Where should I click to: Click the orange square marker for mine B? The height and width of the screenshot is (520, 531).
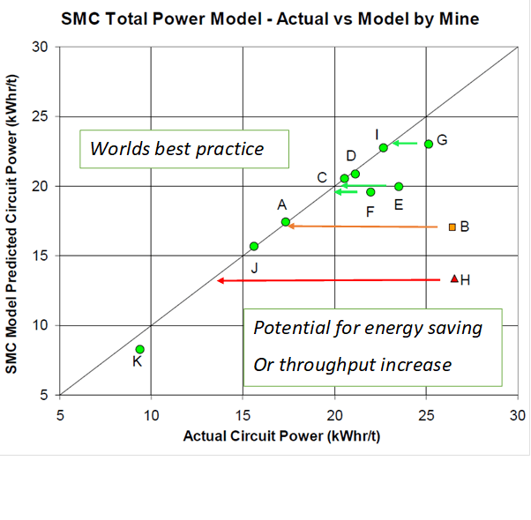coord(452,227)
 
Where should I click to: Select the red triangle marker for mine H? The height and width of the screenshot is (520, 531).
coord(454,279)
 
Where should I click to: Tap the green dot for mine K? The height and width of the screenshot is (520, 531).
coord(139,350)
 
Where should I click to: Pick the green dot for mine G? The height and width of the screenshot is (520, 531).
coord(429,144)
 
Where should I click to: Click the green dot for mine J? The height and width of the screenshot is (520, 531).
coord(254,246)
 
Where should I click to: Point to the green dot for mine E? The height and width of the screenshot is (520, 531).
coord(399,187)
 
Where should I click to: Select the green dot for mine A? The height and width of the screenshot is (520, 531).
coord(285,222)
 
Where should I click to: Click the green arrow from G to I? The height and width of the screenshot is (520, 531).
coord(406,143)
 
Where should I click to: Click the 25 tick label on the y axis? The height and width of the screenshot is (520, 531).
coord(41,116)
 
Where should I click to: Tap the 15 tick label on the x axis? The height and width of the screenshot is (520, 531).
coord(243,413)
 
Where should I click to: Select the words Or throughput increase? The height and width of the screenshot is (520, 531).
coord(352,364)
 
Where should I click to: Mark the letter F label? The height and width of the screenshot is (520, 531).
coord(370,212)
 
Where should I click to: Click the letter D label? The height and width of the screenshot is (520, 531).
coord(350,156)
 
